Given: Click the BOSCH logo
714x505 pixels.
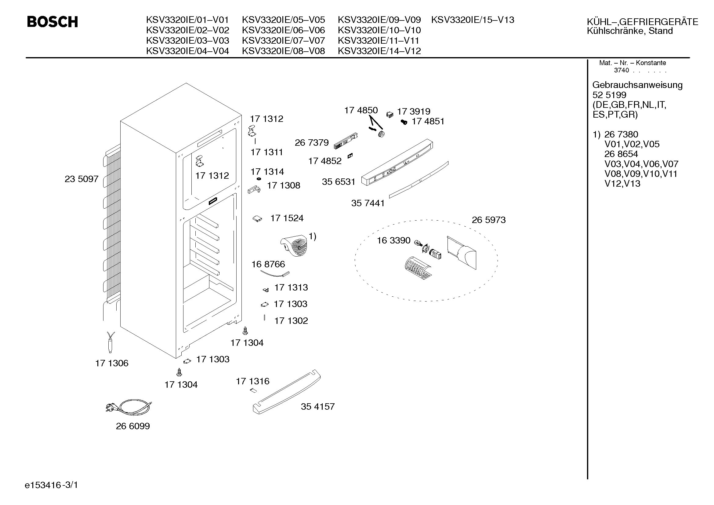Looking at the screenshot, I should (x=52, y=22).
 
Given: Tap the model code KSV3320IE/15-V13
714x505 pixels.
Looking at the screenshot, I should (x=472, y=20).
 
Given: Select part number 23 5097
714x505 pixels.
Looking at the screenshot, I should (x=82, y=179).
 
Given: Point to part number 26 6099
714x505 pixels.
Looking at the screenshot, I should (x=133, y=426).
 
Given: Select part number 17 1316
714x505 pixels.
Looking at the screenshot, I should (x=252, y=381).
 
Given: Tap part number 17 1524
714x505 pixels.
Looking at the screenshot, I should (x=287, y=218).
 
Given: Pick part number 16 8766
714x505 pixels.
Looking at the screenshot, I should (x=268, y=264).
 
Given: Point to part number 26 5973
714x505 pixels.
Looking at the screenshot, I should (x=488, y=220).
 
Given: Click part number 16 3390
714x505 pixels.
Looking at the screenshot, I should (x=393, y=240).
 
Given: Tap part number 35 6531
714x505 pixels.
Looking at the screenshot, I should (x=338, y=182).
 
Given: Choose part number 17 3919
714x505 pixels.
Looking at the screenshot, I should (x=414, y=112).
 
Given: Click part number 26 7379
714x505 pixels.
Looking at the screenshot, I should (x=312, y=142).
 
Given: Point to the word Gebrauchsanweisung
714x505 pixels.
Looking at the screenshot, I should (x=637, y=85).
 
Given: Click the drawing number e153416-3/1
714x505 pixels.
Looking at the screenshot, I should (x=51, y=485).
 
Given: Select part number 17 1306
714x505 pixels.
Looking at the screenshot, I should (x=112, y=363).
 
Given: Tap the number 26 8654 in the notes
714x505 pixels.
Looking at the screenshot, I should (x=621, y=154).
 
